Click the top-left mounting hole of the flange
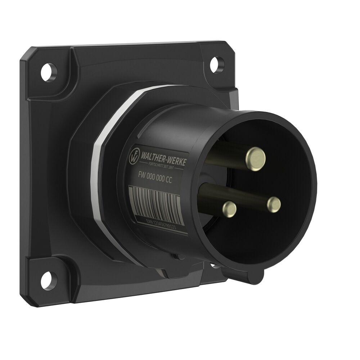click(x=49, y=71)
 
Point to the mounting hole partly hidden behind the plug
click(x=214, y=266)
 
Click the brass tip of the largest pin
click(x=256, y=156)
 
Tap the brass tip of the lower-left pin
click(x=229, y=208)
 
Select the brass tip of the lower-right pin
click(x=274, y=204)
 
